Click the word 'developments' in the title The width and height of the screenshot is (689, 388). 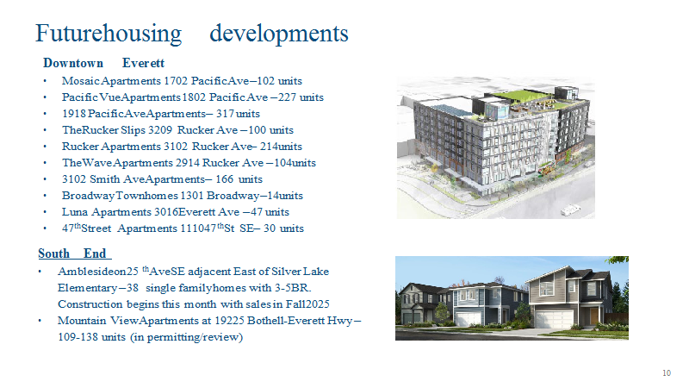click(x=278, y=34)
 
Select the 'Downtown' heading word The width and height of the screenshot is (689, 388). click(x=73, y=63)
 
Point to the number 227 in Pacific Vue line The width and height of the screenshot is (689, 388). click(x=287, y=97)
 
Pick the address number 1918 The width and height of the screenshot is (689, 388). click(x=74, y=114)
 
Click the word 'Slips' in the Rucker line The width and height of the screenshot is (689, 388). click(x=133, y=130)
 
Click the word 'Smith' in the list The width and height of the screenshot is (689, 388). click(x=104, y=179)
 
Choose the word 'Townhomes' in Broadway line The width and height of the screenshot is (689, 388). click(x=146, y=196)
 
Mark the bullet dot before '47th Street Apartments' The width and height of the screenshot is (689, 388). click(x=45, y=228)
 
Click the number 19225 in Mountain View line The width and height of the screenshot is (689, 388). click(x=229, y=321)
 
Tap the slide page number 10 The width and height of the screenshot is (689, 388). click(x=667, y=373)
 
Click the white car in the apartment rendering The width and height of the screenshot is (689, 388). click(x=571, y=210)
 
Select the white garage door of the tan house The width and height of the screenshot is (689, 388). click(x=554, y=319)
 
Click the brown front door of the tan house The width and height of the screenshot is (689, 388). click(x=594, y=316)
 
